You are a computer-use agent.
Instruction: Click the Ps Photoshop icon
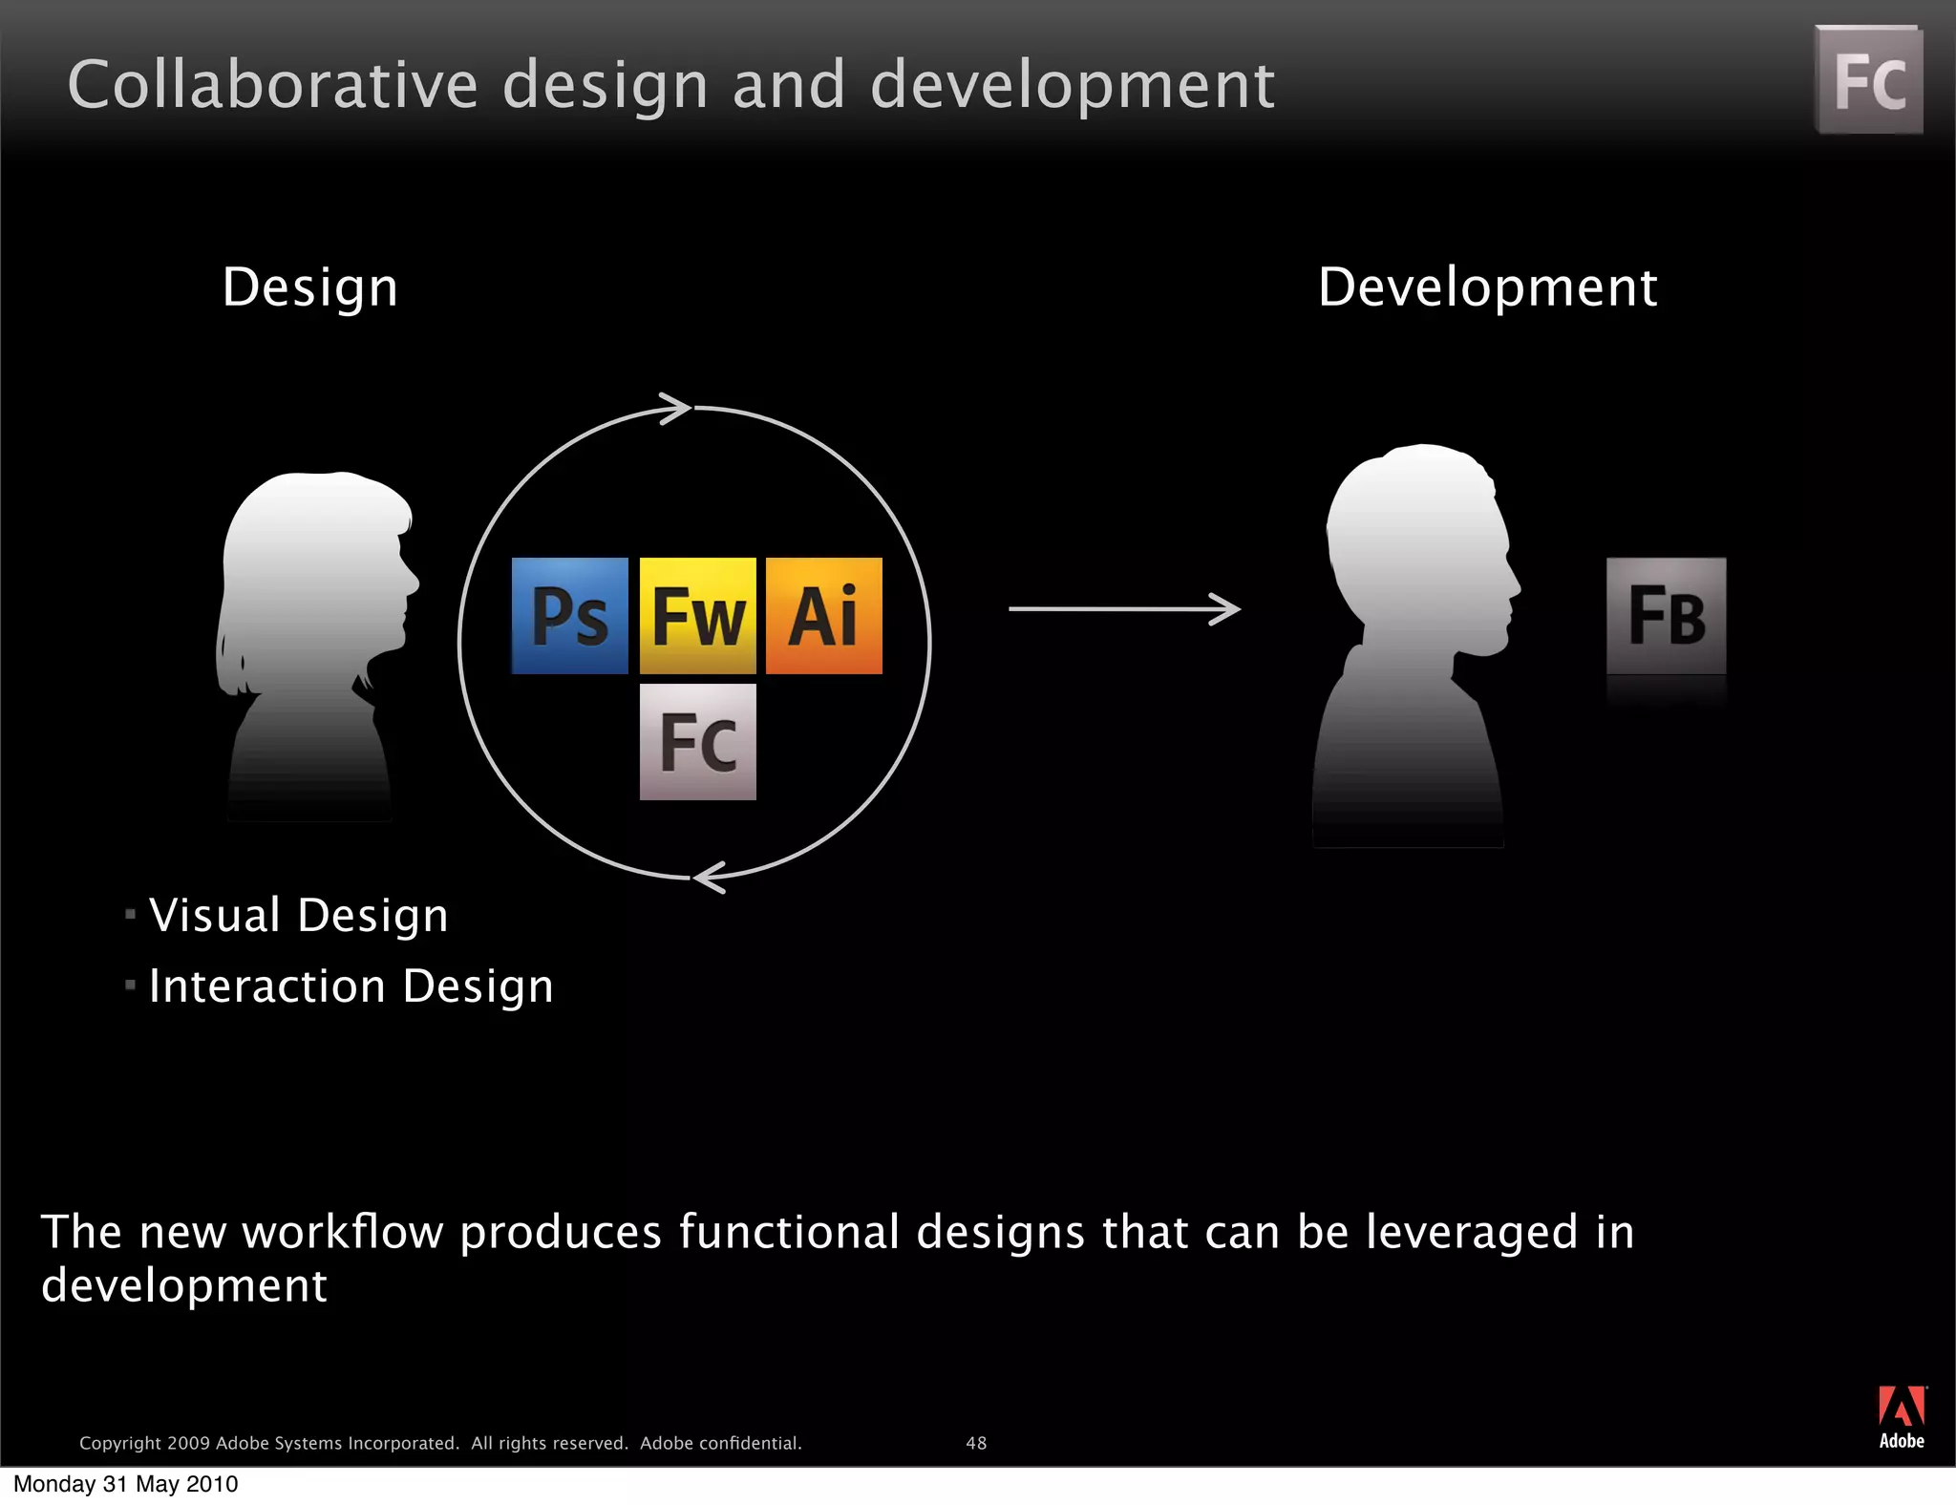point(570,616)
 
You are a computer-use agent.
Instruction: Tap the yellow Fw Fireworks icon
point(697,616)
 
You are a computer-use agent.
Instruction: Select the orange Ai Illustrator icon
point(824,616)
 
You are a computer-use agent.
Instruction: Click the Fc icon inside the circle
point(697,742)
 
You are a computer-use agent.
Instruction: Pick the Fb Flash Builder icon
point(1667,616)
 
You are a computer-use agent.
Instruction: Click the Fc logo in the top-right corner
point(1869,80)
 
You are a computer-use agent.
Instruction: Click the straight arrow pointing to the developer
point(1123,608)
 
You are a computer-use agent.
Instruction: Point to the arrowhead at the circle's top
point(676,409)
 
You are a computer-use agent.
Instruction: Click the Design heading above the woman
point(309,287)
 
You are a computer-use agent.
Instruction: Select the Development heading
point(1487,287)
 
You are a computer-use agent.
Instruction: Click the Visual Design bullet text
point(298,915)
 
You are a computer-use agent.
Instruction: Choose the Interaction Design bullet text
point(351,986)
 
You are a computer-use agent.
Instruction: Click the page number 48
point(976,1443)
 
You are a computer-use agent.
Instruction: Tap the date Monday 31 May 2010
point(125,1484)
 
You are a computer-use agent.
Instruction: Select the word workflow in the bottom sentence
point(342,1232)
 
